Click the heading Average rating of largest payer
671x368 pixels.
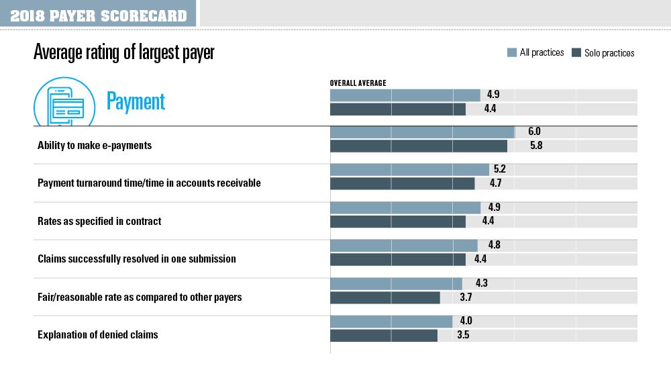[x=123, y=53]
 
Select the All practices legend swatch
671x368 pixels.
[x=512, y=52]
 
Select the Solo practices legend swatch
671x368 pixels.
[x=576, y=52]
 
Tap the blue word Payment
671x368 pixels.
[x=136, y=101]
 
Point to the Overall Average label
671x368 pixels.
[x=358, y=83]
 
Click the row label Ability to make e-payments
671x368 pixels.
[x=95, y=145]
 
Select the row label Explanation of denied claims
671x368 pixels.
[x=98, y=334]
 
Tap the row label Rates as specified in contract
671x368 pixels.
[x=99, y=221]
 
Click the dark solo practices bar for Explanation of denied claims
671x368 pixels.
[x=383, y=334]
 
